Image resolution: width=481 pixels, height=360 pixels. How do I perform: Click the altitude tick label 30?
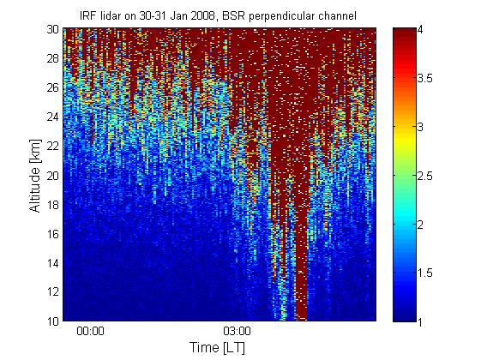(x=52, y=29)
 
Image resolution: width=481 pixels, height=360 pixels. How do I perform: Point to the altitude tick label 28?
(x=52, y=58)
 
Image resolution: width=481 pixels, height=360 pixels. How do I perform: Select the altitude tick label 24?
(x=52, y=117)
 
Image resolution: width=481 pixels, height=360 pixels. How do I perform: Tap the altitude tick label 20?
(x=52, y=176)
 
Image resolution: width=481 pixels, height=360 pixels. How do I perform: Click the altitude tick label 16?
(x=52, y=234)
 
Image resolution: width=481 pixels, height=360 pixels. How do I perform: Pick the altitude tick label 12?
(x=52, y=291)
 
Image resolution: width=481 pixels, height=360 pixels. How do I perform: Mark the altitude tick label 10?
(x=52, y=321)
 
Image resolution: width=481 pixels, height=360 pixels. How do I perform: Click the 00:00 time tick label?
(x=90, y=331)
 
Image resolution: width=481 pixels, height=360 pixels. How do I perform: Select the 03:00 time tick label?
(x=237, y=331)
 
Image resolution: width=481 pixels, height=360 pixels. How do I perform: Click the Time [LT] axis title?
(x=217, y=348)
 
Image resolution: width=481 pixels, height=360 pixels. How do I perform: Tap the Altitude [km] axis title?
(x=35, y=176)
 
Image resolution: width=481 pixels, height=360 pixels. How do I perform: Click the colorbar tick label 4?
(x=420, y=30)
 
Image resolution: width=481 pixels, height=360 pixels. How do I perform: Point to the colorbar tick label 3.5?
(x=425, y=78)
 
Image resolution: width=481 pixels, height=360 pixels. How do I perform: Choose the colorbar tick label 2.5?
(x=425, y=176)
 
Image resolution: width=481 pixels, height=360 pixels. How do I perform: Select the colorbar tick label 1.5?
(x=425, y=273)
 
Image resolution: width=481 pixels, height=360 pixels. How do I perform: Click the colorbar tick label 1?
(x=420, y=321)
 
